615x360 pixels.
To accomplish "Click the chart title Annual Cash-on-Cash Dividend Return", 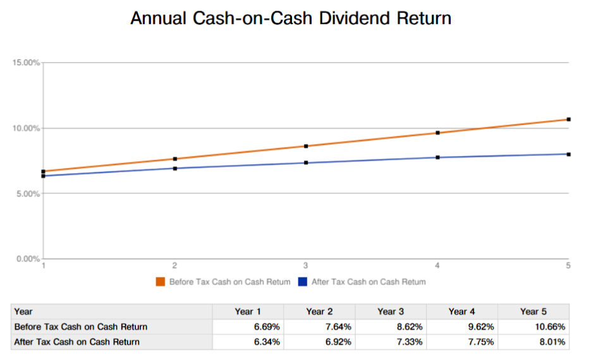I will click(291, 18).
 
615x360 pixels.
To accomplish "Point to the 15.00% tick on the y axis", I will click(26, 63).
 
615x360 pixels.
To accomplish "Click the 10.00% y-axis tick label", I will click(26, 128).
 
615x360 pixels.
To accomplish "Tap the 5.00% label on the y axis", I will click(28, 194).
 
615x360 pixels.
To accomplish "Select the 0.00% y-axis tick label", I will click(28, 259).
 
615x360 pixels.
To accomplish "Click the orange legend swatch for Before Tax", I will click(161, 282).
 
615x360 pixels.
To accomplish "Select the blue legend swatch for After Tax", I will click(303, 282).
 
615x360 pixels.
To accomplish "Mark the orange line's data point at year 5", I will click(568, 119).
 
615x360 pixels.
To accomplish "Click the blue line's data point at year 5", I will click(568, 154).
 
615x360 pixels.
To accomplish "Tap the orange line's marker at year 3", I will click(306, 146).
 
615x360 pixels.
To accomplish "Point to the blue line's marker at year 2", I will click(174, 168).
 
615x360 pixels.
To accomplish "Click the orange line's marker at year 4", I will click(437, 133).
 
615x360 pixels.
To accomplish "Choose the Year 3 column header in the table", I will click(391, 311).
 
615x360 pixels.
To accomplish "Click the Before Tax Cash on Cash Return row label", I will click(80, 327).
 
